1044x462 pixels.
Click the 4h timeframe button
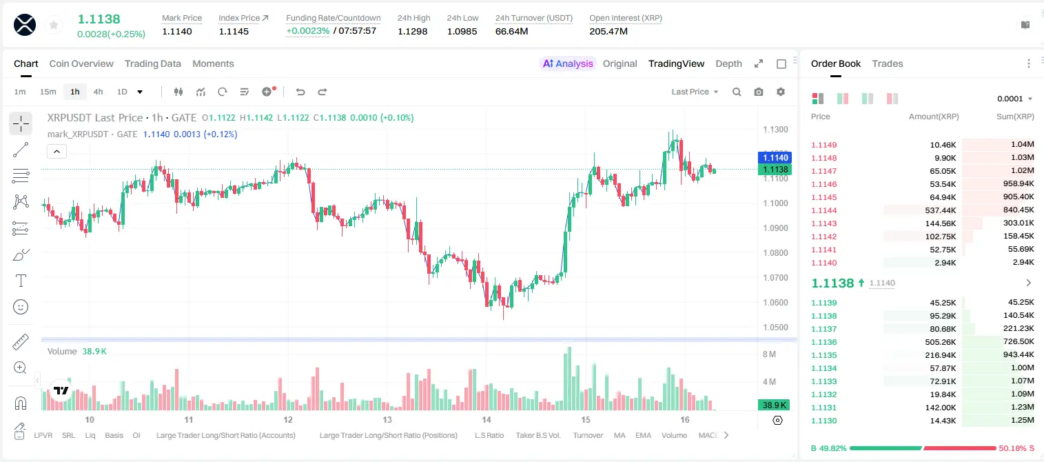point(98,92)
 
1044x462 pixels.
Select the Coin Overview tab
point(81,63)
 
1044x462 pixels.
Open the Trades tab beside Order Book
point(887,63)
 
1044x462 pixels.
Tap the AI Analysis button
point(568,63)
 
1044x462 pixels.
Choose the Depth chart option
point(728,63)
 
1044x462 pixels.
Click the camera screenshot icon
point(758,92)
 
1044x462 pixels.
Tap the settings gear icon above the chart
point(781,92)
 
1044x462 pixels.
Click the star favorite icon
point(54,25)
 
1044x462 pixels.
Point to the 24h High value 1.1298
point(413,31)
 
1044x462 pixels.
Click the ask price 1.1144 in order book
point(823,210)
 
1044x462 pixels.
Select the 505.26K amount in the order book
point(940,342)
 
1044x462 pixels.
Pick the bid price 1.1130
point(823,421)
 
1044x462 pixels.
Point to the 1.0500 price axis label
point(775,328)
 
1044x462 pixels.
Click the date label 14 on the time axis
point(486,419)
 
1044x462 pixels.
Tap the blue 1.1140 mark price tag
point(775,158)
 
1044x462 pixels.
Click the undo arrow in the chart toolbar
point(300,92)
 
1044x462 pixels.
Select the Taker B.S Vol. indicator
point(538,435)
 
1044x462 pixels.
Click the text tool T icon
point(21,281)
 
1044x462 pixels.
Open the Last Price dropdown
point(695,92)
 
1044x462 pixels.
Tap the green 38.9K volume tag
point(775,405)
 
